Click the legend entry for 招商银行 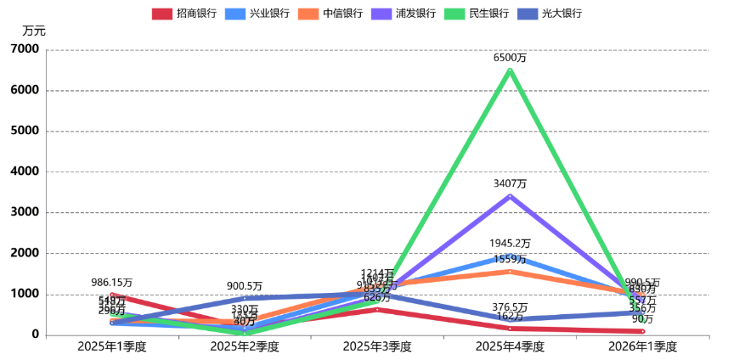(183, 14)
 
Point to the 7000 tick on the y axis (25, 49)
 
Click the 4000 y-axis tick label (25, 172)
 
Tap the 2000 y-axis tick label (25, 253)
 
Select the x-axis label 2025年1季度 (112, 346)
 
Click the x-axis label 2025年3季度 (377, 346)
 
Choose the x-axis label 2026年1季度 (642, 346)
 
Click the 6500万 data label (510, 59)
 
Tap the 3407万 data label (510, 183)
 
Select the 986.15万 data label (112, 282)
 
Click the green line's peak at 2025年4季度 (510, 70)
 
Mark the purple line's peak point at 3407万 (510, 196)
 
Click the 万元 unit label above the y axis (34, 31)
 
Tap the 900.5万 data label (245, 286)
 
